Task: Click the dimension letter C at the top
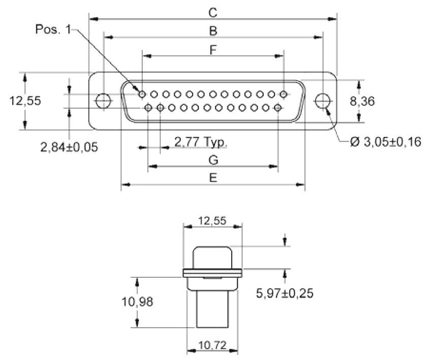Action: click(213, 12)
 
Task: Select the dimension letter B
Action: click(213, 30)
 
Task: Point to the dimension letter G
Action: click(213, 160)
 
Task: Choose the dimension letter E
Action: click(213, 178)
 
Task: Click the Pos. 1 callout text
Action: click(53, 29)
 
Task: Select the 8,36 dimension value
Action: click(362, 102)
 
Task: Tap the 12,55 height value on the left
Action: click(25, 101)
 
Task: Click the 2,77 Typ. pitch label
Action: click(201, 141)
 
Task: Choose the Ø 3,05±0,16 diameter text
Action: click(386, 142)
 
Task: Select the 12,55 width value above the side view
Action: click(212, 220)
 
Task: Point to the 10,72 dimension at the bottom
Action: click(212, 346)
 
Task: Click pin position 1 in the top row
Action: click(142, 94)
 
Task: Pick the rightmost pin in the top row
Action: click(284, 94)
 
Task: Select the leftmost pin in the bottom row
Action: click(148, 108)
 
